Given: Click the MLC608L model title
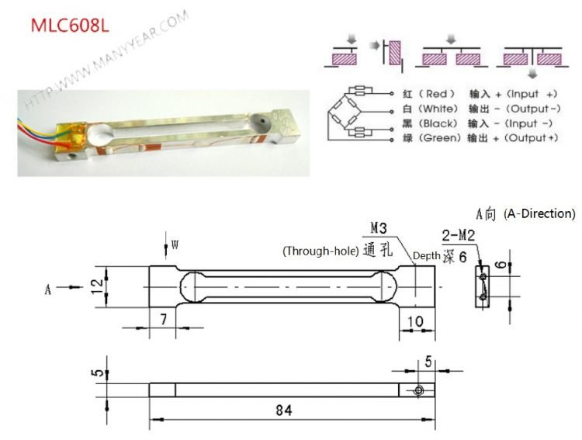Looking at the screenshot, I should pyautogui.click(x=69, y=24).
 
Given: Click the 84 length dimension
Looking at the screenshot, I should pyautogui.click(x=283, y=411).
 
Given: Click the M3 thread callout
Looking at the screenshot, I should pyautogui.click(x=379, y=229).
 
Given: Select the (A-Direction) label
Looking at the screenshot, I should pyautogui.click(x=539, y=213).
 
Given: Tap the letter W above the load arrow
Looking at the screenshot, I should pyautogui.click(x=175, y=245).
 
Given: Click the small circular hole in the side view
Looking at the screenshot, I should pyautogui.click(x=419, y=390).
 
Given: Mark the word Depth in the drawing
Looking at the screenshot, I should pyautogui.click(x=426, y=255).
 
